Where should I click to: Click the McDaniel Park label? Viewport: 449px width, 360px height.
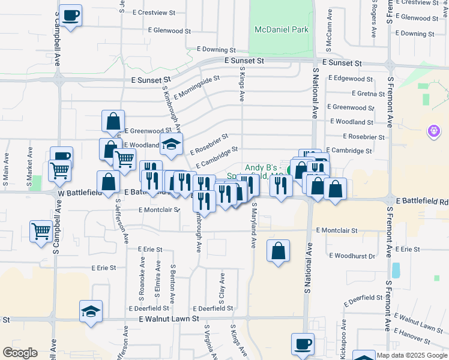coord(281,29)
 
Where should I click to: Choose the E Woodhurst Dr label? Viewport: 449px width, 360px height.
coord(352,256)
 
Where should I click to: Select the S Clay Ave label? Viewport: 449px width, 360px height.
coord(222,287)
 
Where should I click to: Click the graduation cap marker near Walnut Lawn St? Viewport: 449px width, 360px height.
coord(91,311)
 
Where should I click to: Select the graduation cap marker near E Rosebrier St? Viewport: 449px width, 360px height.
coord(171,143)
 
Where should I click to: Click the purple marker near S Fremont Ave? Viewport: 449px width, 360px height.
coord(434,130)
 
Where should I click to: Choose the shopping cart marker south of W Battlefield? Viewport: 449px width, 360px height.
coord(41,230)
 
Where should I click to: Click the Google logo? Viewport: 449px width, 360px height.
coord(20,353)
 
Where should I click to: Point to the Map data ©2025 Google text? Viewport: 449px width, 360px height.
coord(411,355)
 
